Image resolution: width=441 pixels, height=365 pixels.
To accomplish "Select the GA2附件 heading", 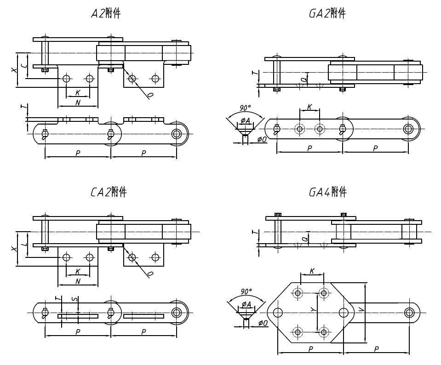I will point(327,14).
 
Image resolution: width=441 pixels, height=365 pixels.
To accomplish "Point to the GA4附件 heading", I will point(327,192).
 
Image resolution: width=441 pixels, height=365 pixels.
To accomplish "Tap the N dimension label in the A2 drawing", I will point(78,103).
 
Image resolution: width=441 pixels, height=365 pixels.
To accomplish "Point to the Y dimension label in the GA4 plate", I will point(313,311).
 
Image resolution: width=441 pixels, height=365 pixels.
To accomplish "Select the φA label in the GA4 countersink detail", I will point(246,304).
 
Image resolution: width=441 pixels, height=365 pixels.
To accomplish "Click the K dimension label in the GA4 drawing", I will point(312,271).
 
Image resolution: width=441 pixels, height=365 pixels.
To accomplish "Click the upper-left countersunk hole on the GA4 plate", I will point(298,293).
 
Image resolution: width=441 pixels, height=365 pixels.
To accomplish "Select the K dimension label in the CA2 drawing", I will point(78,272).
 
